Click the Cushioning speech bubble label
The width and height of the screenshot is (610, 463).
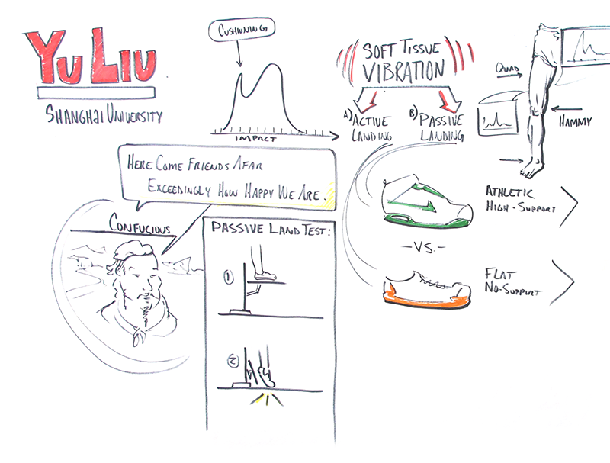[242, 30]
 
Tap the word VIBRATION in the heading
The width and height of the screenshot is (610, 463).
[403, 71]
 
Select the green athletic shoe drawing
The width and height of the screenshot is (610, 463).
[428, 204]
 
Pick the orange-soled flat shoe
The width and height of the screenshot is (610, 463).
[428, 291]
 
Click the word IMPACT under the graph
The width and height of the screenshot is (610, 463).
[255, 139]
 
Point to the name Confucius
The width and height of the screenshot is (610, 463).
[140, 224]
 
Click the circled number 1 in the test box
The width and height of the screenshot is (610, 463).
[228, 277]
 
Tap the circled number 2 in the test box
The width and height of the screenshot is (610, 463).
[233, 362]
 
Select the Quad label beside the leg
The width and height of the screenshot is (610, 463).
[507, 69]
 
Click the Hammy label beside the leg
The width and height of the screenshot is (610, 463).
[575, 122]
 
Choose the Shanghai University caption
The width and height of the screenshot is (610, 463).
[104, 114]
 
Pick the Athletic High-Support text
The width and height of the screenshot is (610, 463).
[521, 199]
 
